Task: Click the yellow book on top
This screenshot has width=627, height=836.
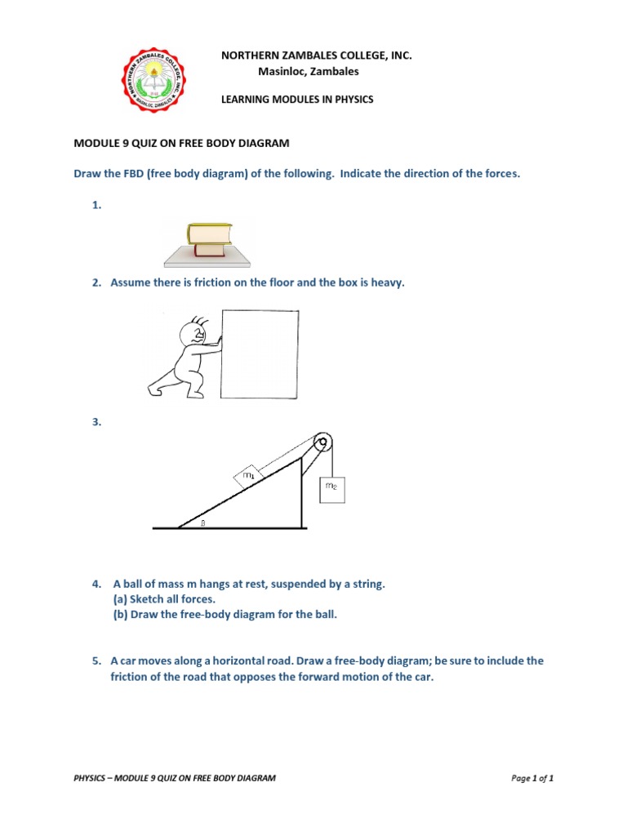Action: (209, 234)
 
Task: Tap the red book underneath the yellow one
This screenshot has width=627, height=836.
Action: (209, 250)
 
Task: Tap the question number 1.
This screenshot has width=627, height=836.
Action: (96, 206)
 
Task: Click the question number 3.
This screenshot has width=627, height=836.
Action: (96, 422)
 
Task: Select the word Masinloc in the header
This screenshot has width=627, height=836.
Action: (278, 71)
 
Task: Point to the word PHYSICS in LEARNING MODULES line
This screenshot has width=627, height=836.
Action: (352, 100)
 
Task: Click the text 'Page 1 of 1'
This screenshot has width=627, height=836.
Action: (532, 778)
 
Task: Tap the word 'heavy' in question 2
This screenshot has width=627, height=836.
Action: (387, 282)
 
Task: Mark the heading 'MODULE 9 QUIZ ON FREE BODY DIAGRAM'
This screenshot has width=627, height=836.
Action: (181, 144)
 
